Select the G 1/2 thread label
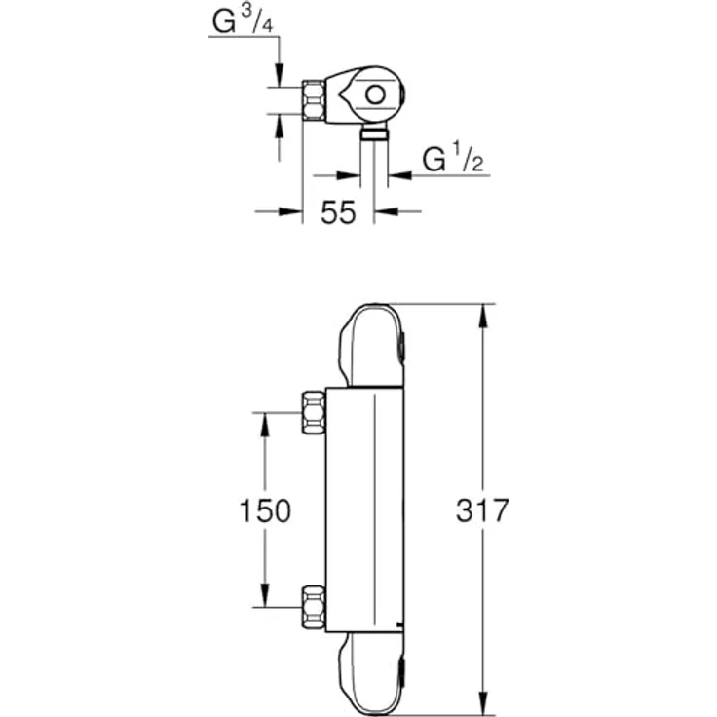click(453, 160)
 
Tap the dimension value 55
click(338, 213)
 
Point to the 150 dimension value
click(265, 510)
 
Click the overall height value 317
click(482, 510)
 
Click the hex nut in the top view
click(314, 99)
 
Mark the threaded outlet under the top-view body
click(373, 132)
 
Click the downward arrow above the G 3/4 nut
click(280, 75)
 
